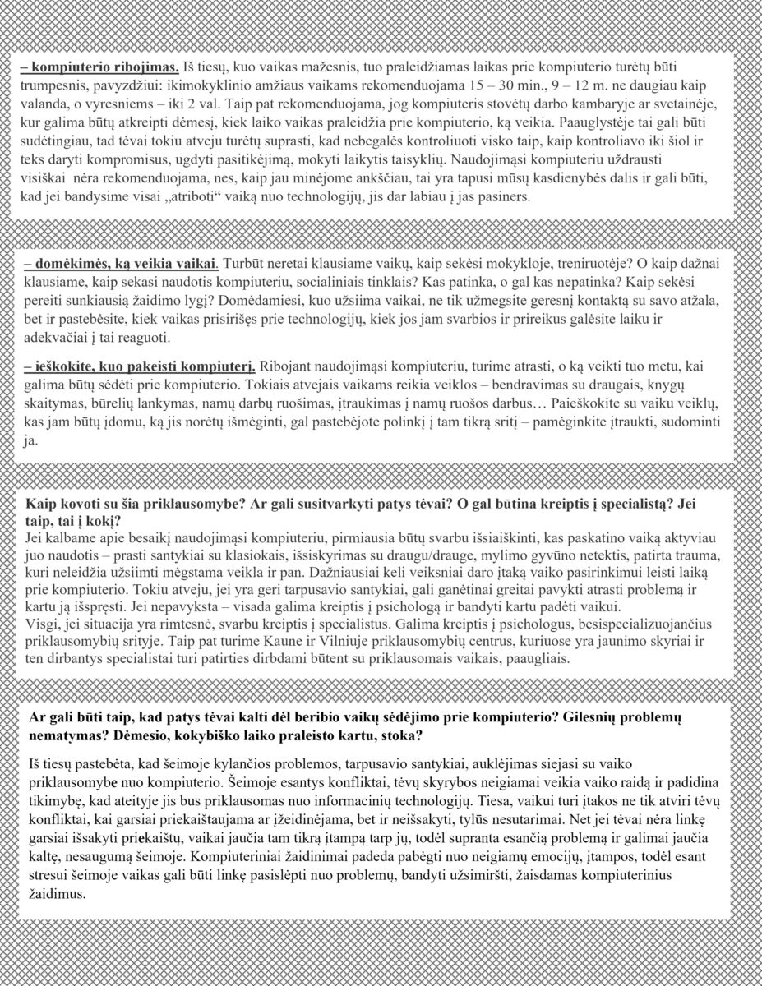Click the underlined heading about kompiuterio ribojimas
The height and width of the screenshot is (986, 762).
(x=99, y=65)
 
